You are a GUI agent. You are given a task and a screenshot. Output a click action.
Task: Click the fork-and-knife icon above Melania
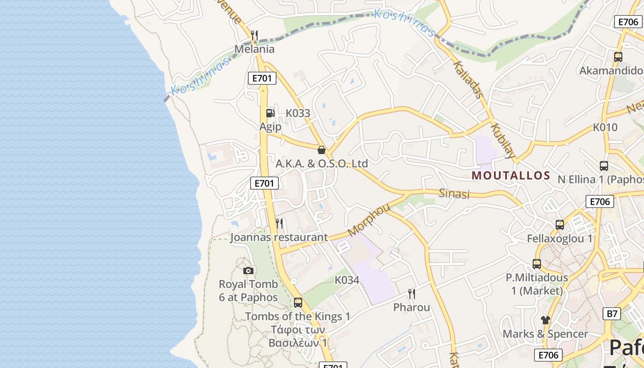coord(254,35)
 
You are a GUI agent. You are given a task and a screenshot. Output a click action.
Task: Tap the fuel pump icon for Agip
coord(270,113)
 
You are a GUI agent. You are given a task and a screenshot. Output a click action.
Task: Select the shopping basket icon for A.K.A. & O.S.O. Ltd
coord(322,149)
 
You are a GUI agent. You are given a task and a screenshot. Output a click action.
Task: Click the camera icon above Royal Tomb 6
coord(248,270)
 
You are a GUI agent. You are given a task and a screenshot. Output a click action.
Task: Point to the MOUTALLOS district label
coord(511,175)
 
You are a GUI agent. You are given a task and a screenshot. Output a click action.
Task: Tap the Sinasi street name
coord(454,194)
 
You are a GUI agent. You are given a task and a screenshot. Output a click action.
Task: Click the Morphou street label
coord(369,219)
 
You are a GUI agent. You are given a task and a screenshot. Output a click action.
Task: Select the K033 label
coord(298,113)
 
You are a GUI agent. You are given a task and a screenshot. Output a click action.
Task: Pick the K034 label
coord(347,280)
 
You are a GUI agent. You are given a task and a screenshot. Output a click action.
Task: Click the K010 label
coord(605,127)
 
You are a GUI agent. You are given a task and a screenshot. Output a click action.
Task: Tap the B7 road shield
coord(611,314)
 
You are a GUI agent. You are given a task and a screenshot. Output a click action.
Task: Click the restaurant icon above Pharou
coord(412,293)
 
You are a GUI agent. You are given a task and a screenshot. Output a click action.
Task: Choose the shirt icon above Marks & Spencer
coord(546,320)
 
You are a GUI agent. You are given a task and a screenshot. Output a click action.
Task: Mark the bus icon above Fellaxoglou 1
coord(560,225)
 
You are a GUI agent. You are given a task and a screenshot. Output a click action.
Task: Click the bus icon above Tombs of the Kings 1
coord(298,303)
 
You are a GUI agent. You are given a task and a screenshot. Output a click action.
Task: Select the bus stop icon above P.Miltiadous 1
coord(537,264)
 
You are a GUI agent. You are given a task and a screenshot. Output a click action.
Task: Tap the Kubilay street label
coord(503,140)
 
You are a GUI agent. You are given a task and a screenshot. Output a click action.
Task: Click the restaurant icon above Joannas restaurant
coord(279,224)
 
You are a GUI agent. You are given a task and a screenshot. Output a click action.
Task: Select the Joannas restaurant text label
coord(279,237)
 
